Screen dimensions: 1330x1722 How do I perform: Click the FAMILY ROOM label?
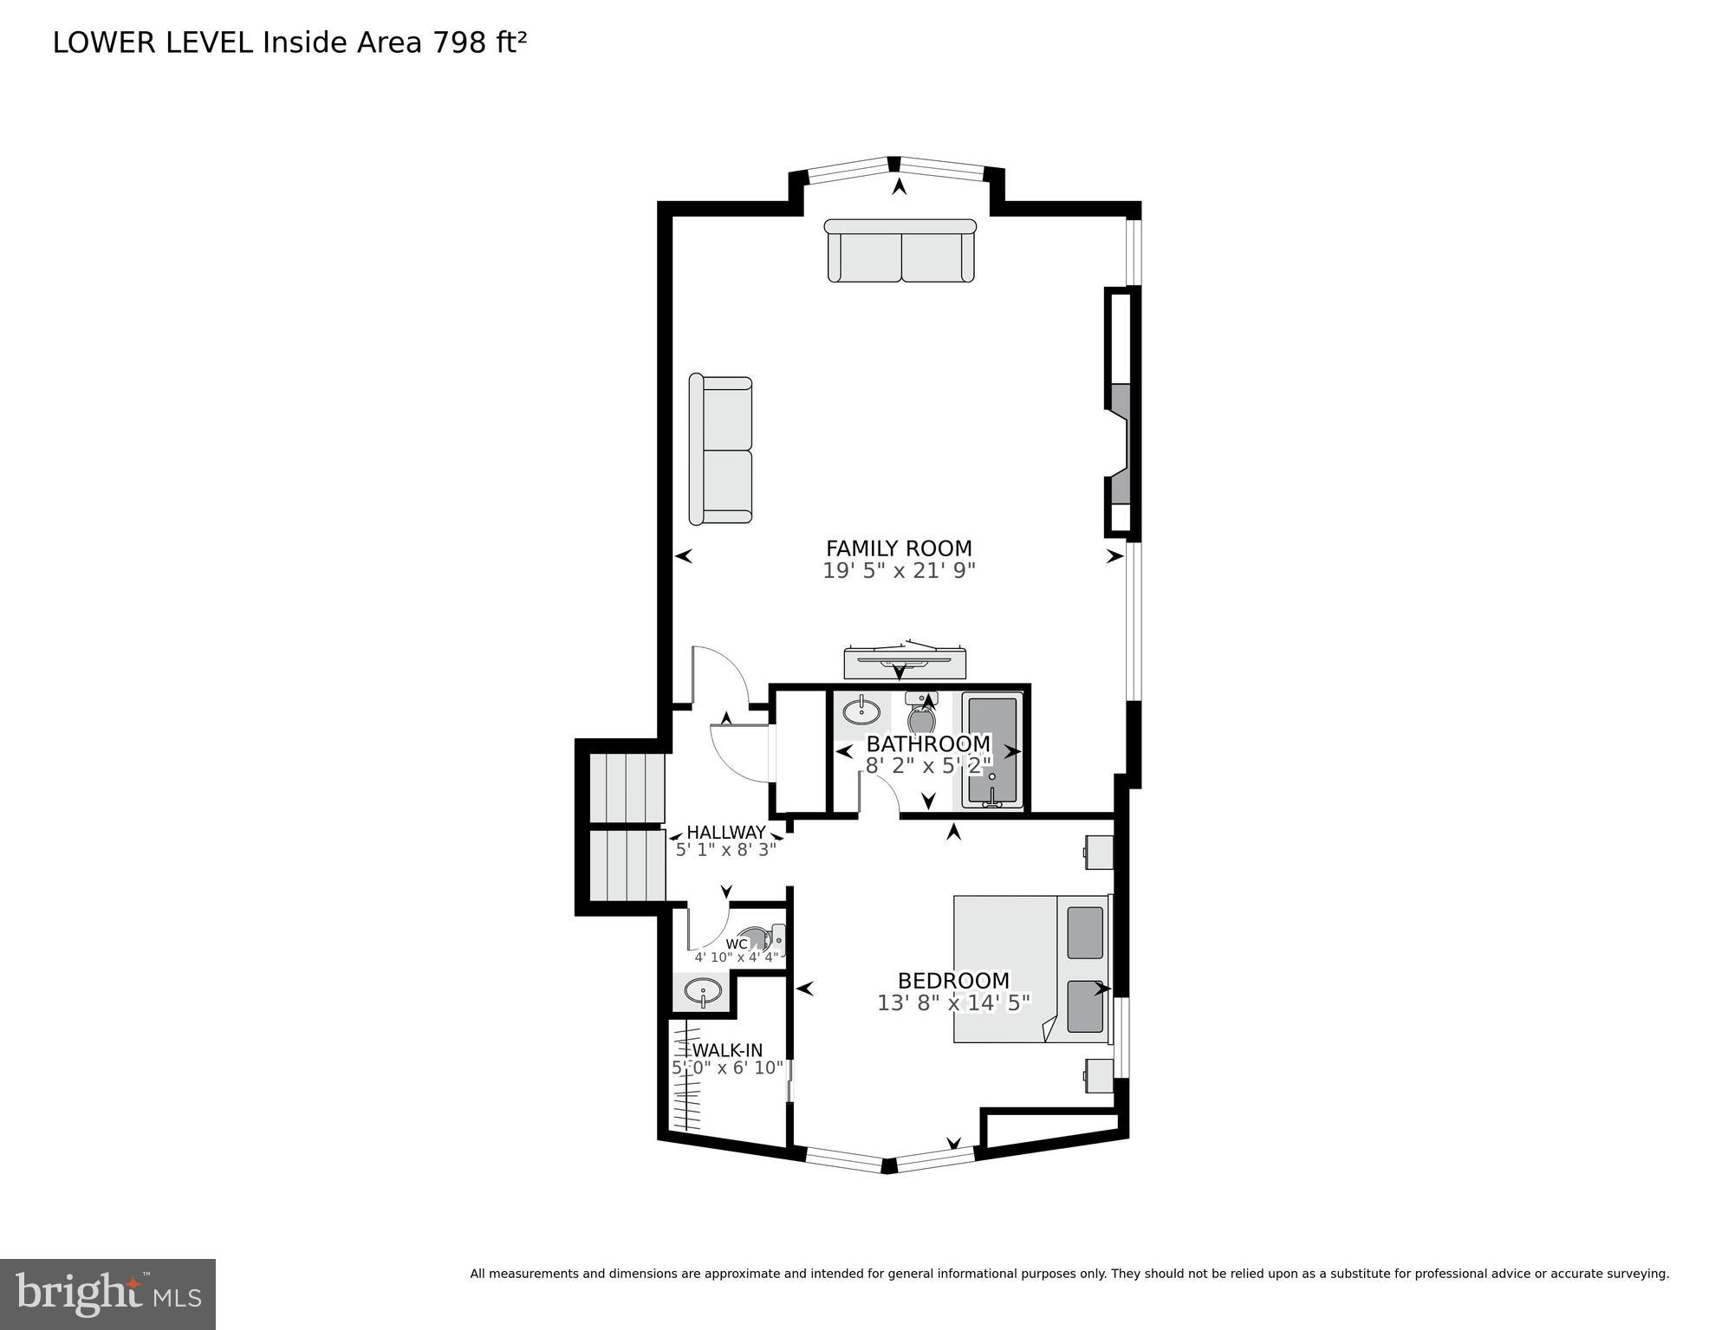pyautogui.click(x=899, y=548)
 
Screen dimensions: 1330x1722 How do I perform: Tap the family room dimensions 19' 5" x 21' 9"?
pyautogui.click(x=899, y=571)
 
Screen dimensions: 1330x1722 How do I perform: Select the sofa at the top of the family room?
pyautogui.click(x=900, y=251)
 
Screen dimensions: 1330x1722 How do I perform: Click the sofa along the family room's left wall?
pyautogui.click(x=720, y=451)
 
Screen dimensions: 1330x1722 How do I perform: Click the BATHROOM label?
pyautogui.click(x=928, y=744)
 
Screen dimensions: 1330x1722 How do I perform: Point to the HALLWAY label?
pyautogui.click(x=726, y=833)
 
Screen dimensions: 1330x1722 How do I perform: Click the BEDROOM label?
pyautogui.click(x=953, y=981)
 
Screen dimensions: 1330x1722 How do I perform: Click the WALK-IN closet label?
pyautogui.click(x=727, y=1051)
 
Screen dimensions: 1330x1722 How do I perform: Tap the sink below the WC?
pyautogui.click(x=703, y=992)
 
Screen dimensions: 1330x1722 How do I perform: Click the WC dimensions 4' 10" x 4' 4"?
pyautogui.click(x=737, y=958)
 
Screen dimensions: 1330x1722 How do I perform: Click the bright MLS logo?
pyautogui.click(x=107, y=1294)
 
